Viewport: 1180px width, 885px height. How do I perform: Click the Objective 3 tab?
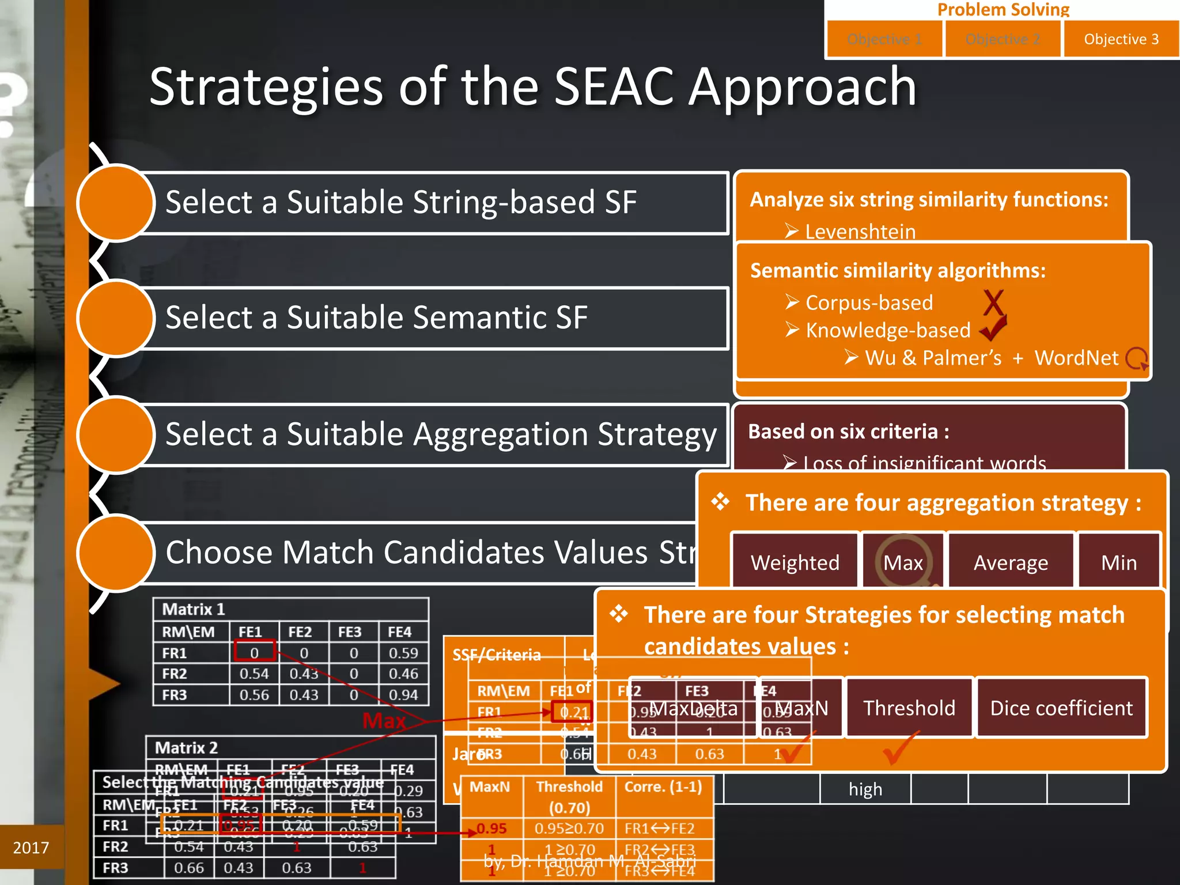(x=1121, y=39)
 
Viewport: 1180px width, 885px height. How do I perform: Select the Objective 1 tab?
(x=884, y=39)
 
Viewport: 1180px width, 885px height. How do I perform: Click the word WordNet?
(x=1076, y=358)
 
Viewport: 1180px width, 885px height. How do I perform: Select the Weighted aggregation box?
(x=795, y=562)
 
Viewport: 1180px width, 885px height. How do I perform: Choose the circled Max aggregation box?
(x=903, y=562)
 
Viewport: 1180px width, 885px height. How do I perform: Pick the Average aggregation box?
(x=1011, y=562)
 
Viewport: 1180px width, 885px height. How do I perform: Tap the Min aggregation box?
(x=1118, y=562)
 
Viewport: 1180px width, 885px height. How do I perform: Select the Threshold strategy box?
(x=909, y=708)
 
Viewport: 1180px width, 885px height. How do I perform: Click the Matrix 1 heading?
(x=194, y=609)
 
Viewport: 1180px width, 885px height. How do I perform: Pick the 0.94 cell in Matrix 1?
(x=403, y=695)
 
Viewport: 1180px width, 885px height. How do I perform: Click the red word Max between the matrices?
(x=384, y=720)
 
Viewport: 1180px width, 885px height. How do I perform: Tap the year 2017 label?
(x=31, y=848)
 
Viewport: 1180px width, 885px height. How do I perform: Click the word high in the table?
(x=865, y=789)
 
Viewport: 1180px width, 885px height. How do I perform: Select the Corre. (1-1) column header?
(x=663, y=786)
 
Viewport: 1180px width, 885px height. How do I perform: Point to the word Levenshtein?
(x=860, y=232)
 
